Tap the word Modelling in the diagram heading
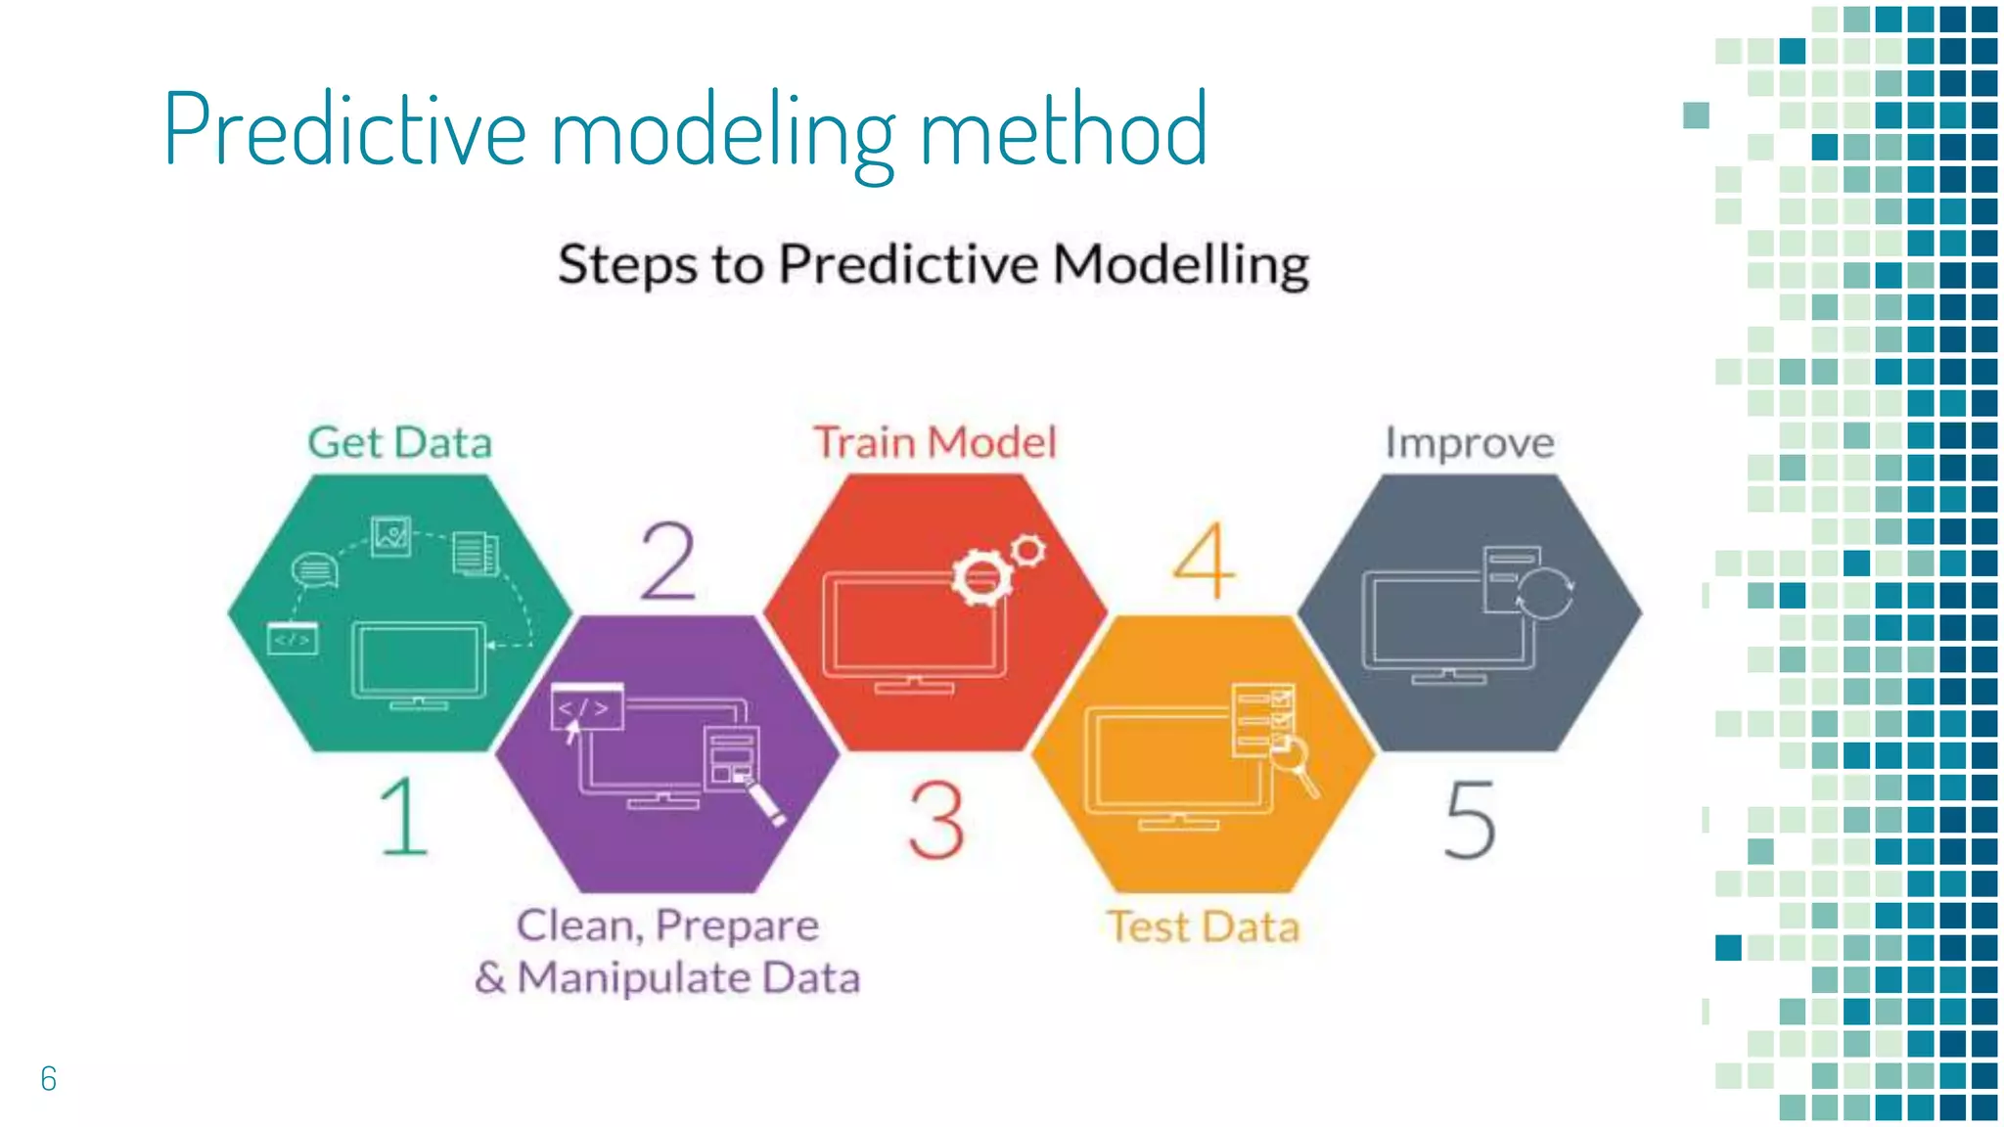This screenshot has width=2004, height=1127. (x=1181, y=264)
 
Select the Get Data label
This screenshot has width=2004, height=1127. (x=399, y=442)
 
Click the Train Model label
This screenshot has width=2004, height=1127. (x=934, y=442)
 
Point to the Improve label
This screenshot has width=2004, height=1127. (x=1469, y=444)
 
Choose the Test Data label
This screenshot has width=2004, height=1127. (x=1203, y=926)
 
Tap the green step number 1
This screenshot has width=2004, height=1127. (x=404, y=817)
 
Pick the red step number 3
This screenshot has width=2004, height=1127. (x=936, y=820)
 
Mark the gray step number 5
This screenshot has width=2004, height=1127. (x=1470, y=820)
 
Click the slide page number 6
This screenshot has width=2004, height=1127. (x=49, y=1078)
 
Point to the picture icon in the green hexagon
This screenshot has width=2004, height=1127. (x=391, y=535)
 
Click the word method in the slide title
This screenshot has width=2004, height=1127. (x=1064, y=130)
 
